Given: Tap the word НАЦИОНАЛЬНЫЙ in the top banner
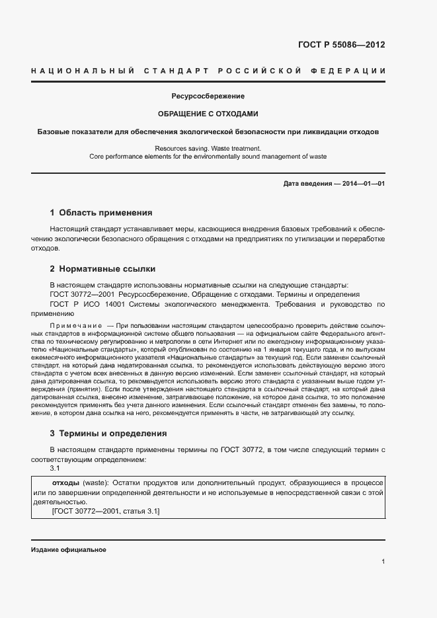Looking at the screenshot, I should coord(83,71).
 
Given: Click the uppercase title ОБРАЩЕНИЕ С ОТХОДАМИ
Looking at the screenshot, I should coord(208,114).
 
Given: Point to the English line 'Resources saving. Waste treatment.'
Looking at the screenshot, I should coord(208,149).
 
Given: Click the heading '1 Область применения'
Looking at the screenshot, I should coord(101,213).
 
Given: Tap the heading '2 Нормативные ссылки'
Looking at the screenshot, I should coord(102,269).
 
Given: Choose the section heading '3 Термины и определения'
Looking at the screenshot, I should coord(108,434).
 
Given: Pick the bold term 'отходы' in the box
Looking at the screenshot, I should coord(66,482).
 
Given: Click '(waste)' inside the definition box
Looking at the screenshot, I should coord(95,482).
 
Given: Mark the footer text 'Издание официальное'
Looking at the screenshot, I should coord(68,550).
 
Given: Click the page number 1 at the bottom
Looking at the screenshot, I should coord(383,562).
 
